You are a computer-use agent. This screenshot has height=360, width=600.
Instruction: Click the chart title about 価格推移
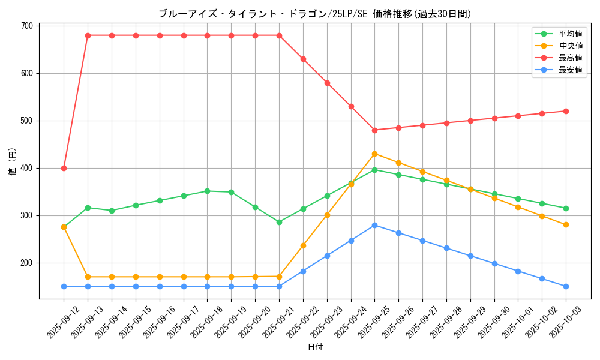(x=314, y=13)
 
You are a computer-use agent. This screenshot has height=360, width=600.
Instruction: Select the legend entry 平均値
(x=571, y=34)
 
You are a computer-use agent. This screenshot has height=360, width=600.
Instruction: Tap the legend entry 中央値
(x=571, y=46)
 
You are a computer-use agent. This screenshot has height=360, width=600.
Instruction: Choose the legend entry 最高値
(x=571, y=58)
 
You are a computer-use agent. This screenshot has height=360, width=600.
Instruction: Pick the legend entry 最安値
(x=571, y=70)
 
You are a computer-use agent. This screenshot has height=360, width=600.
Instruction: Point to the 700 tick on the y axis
(x=27, y=26)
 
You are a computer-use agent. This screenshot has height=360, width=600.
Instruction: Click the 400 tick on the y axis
(x=27, y=168)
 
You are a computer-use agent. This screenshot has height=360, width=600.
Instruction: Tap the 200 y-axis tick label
(x=27, y=263)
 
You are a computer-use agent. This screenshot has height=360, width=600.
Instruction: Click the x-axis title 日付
(x=315, y=347)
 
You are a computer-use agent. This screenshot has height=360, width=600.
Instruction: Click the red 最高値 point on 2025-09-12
(x=64, y=168)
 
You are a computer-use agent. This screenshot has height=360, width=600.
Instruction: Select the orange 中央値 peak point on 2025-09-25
(x=374, y=154)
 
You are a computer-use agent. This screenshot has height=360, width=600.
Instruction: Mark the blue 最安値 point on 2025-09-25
(x=374, y=225)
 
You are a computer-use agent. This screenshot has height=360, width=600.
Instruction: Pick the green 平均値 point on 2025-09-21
(x=279, y=222)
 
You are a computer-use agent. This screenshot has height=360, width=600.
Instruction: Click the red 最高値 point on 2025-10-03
(x=566, y=111)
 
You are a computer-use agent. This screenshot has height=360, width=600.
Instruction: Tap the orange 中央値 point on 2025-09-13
(x=88, y=277)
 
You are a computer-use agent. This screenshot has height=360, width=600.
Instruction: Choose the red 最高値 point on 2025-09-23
(x=327, y=83)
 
